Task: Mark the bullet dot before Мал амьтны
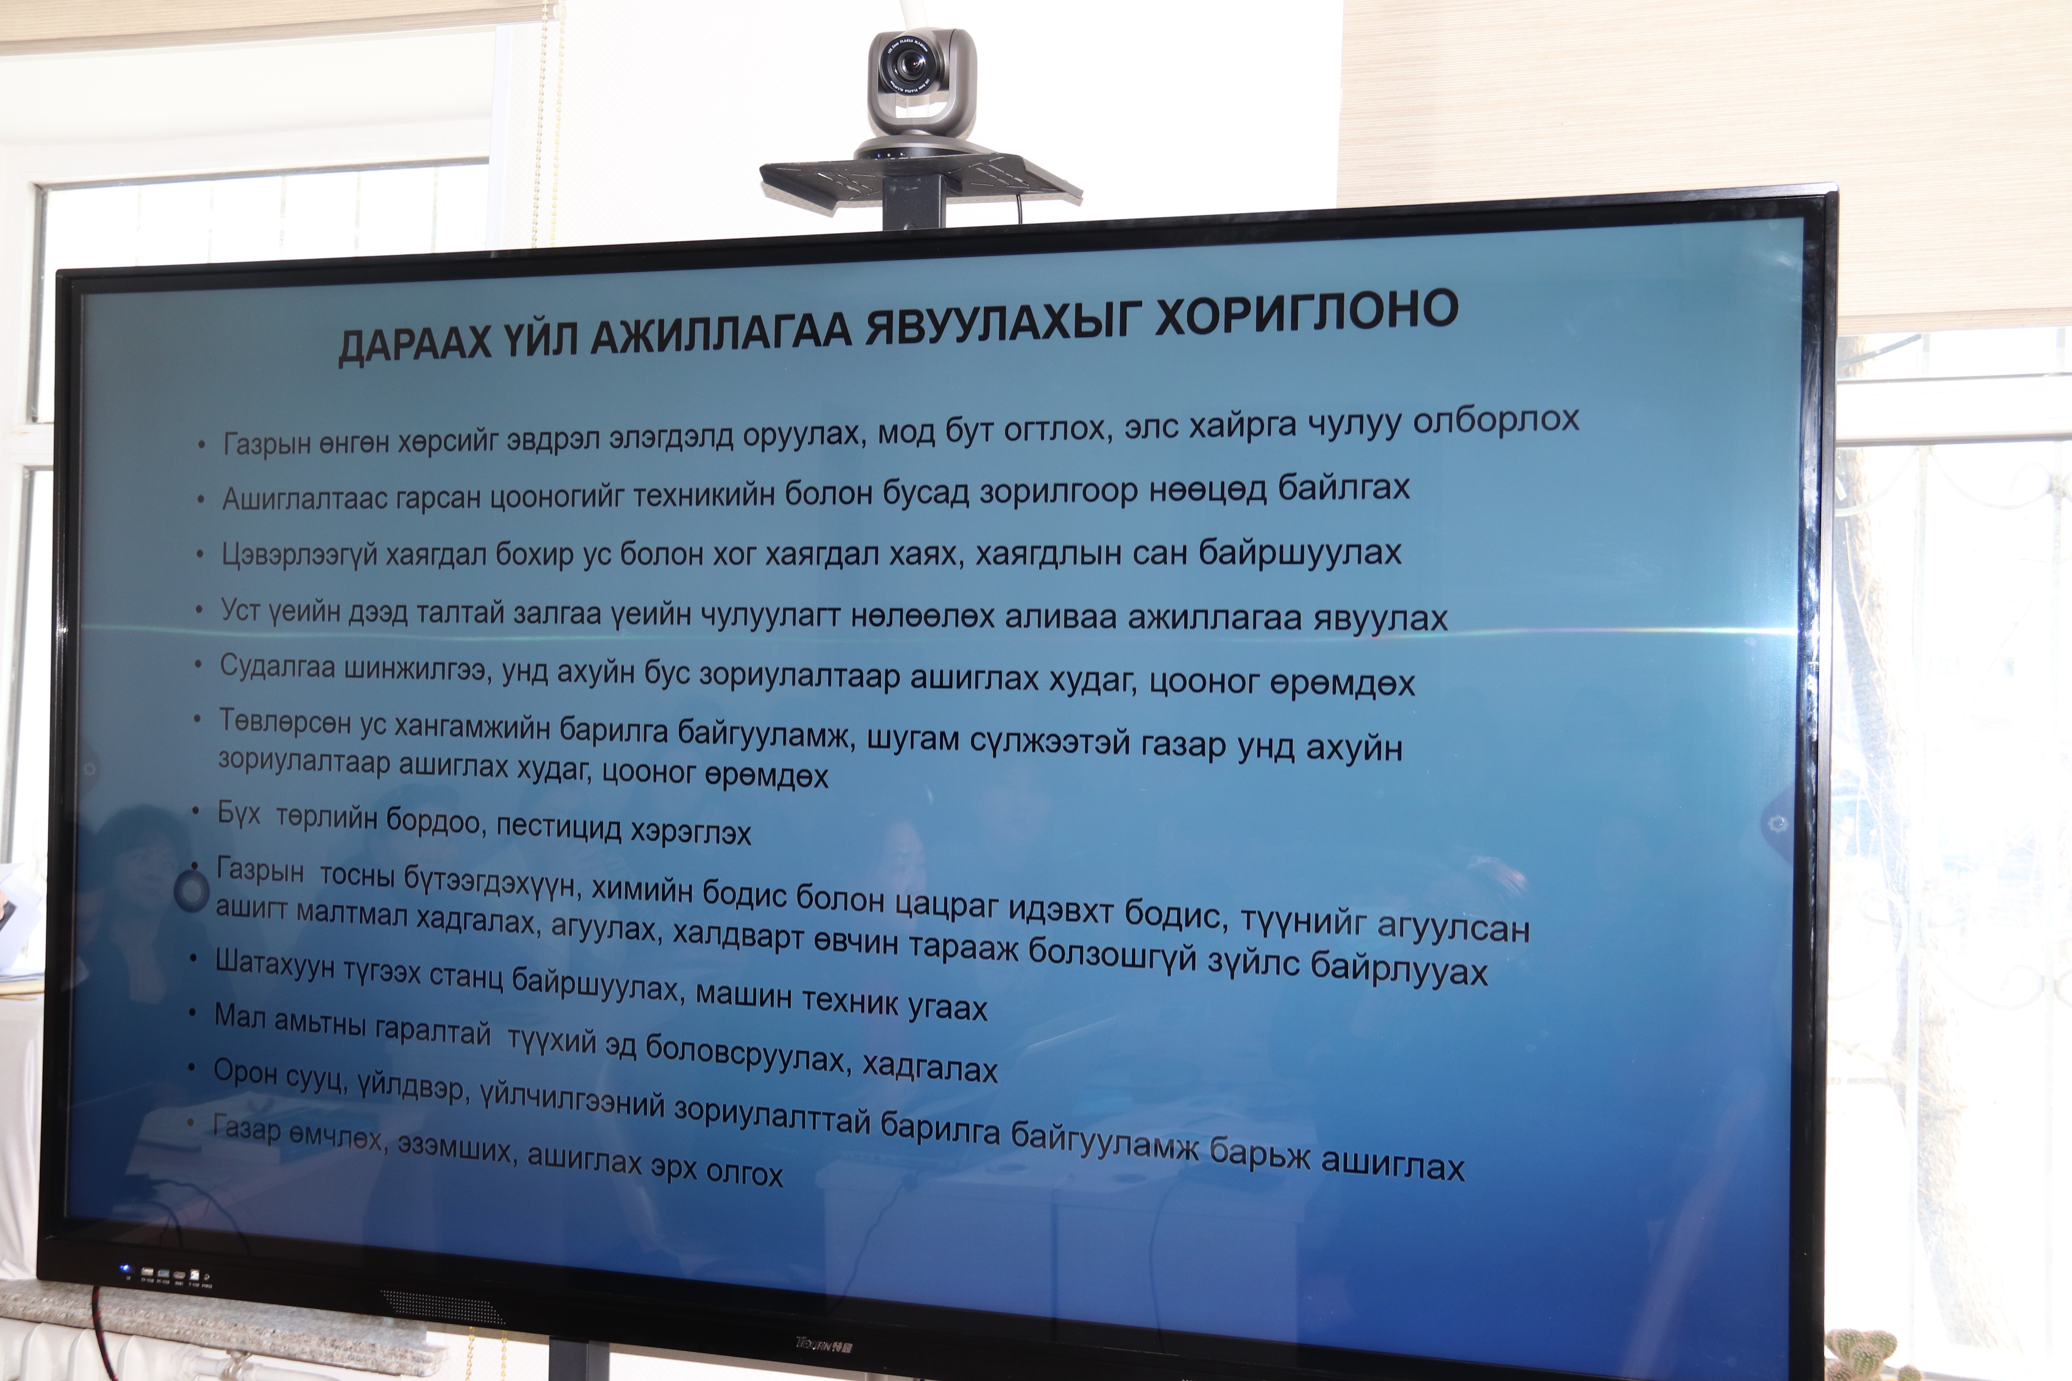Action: point(192,1014)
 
